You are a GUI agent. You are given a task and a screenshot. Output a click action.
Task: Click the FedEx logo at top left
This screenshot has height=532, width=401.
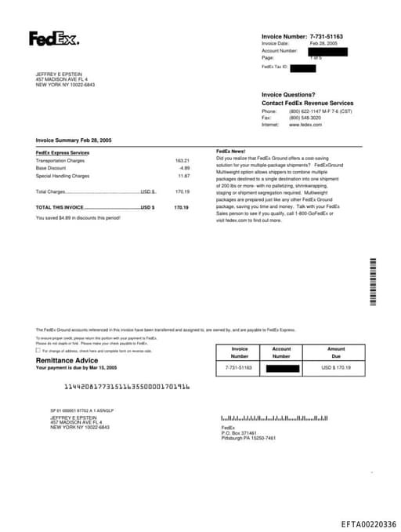coord(53,38)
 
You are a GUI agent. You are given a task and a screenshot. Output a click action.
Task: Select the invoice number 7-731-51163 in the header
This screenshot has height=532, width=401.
coord(326,37)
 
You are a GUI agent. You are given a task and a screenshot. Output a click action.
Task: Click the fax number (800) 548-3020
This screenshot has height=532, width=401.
coord(305,118)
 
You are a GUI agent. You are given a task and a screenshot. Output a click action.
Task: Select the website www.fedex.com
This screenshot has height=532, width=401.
coord(305,125)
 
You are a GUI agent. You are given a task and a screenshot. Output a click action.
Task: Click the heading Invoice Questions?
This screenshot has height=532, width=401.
coord(288,94)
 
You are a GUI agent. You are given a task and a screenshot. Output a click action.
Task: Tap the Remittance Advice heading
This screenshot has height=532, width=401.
coord(68,360)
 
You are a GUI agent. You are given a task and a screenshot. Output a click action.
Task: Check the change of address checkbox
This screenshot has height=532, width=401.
coord(38,351)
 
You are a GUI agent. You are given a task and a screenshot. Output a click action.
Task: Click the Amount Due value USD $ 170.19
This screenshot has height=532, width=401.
coord(336,367)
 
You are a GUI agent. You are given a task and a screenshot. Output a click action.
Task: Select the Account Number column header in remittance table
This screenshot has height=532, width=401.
coord(281,352)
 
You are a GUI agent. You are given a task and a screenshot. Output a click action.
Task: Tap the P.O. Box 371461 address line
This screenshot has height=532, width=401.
coord(239,433)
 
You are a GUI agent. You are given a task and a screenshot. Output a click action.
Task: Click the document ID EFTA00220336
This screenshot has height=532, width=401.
coord(368,524)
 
